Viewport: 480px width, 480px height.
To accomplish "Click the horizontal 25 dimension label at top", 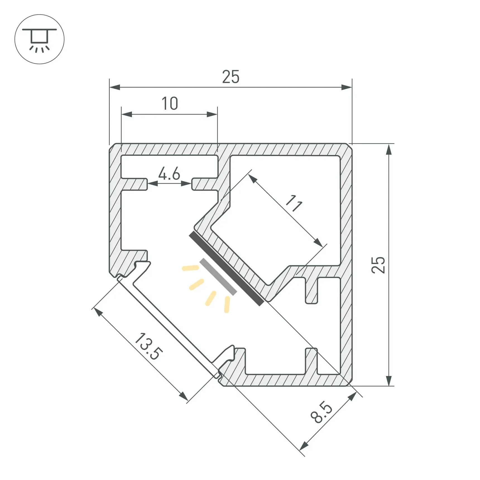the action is click(231, 77).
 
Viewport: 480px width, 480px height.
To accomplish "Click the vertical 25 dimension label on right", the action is click(378, 265).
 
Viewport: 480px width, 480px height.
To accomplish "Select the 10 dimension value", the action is click(170, 104).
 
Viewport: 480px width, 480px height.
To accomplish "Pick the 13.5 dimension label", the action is click(148, 346).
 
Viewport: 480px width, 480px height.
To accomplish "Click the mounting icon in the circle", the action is click(39, 39).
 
